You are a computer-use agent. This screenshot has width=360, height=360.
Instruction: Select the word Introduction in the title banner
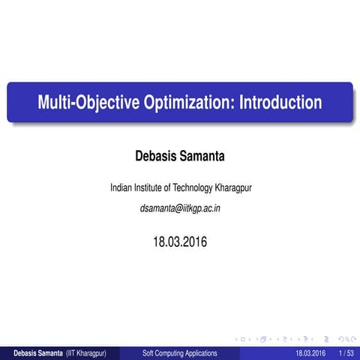(x=280, y=103)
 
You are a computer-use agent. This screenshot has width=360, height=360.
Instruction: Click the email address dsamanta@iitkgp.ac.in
(x=180, y=208)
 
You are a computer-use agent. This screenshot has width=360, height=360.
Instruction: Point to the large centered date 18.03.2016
(x=180, y=241)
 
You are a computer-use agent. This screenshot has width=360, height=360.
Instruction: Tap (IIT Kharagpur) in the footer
(x=85, y=352)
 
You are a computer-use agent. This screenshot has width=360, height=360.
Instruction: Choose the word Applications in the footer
(x=203, y=352)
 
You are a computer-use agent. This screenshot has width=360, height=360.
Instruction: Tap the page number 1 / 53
(x=346, y=352)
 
